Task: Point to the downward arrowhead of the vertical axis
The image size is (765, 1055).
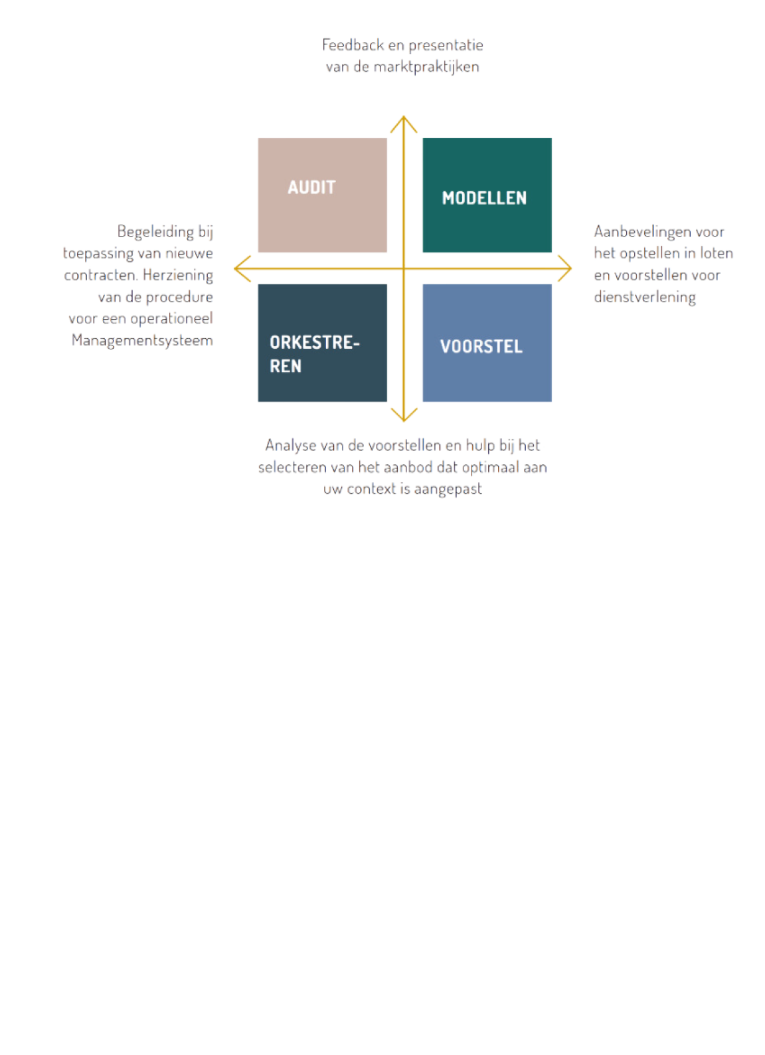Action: pos(403,418)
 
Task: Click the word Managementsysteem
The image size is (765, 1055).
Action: pos(142,341)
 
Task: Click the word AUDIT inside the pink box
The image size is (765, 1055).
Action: pos(312,187)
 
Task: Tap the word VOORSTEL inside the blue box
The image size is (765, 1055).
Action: pos(481,346)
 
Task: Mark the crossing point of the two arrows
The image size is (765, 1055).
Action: pos(404,269)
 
